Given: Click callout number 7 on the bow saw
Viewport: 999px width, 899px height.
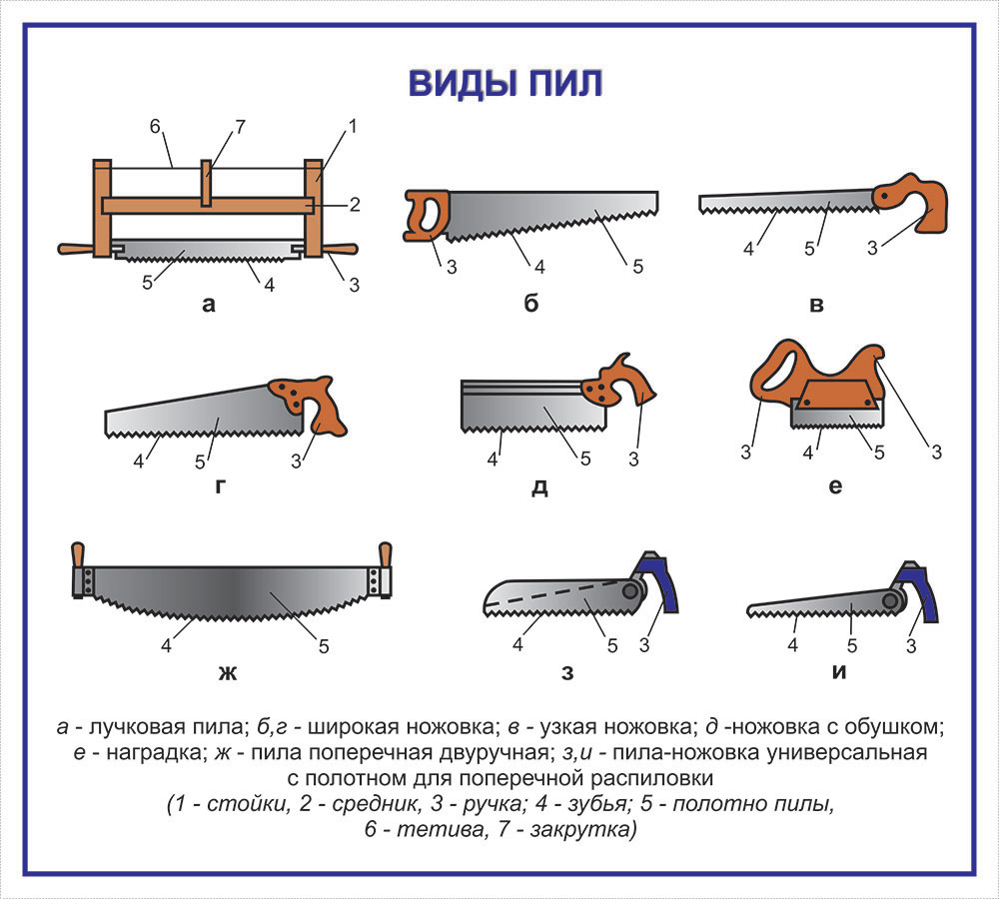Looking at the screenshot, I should coord(240,127).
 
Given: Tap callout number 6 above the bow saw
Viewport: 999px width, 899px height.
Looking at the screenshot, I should coord(155,127).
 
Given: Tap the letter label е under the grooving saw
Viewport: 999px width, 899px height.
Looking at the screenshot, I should coord(835,486).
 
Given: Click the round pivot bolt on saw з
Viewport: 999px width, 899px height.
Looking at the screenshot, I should coord(631,592).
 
